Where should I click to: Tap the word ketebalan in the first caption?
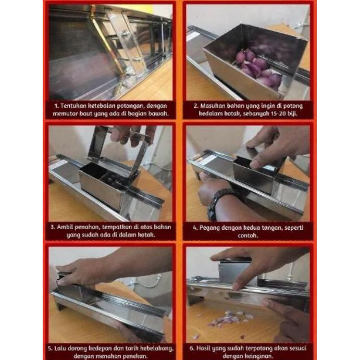point(108,106)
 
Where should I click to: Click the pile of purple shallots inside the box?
point(259,68)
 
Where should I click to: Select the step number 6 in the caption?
point(193,348)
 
